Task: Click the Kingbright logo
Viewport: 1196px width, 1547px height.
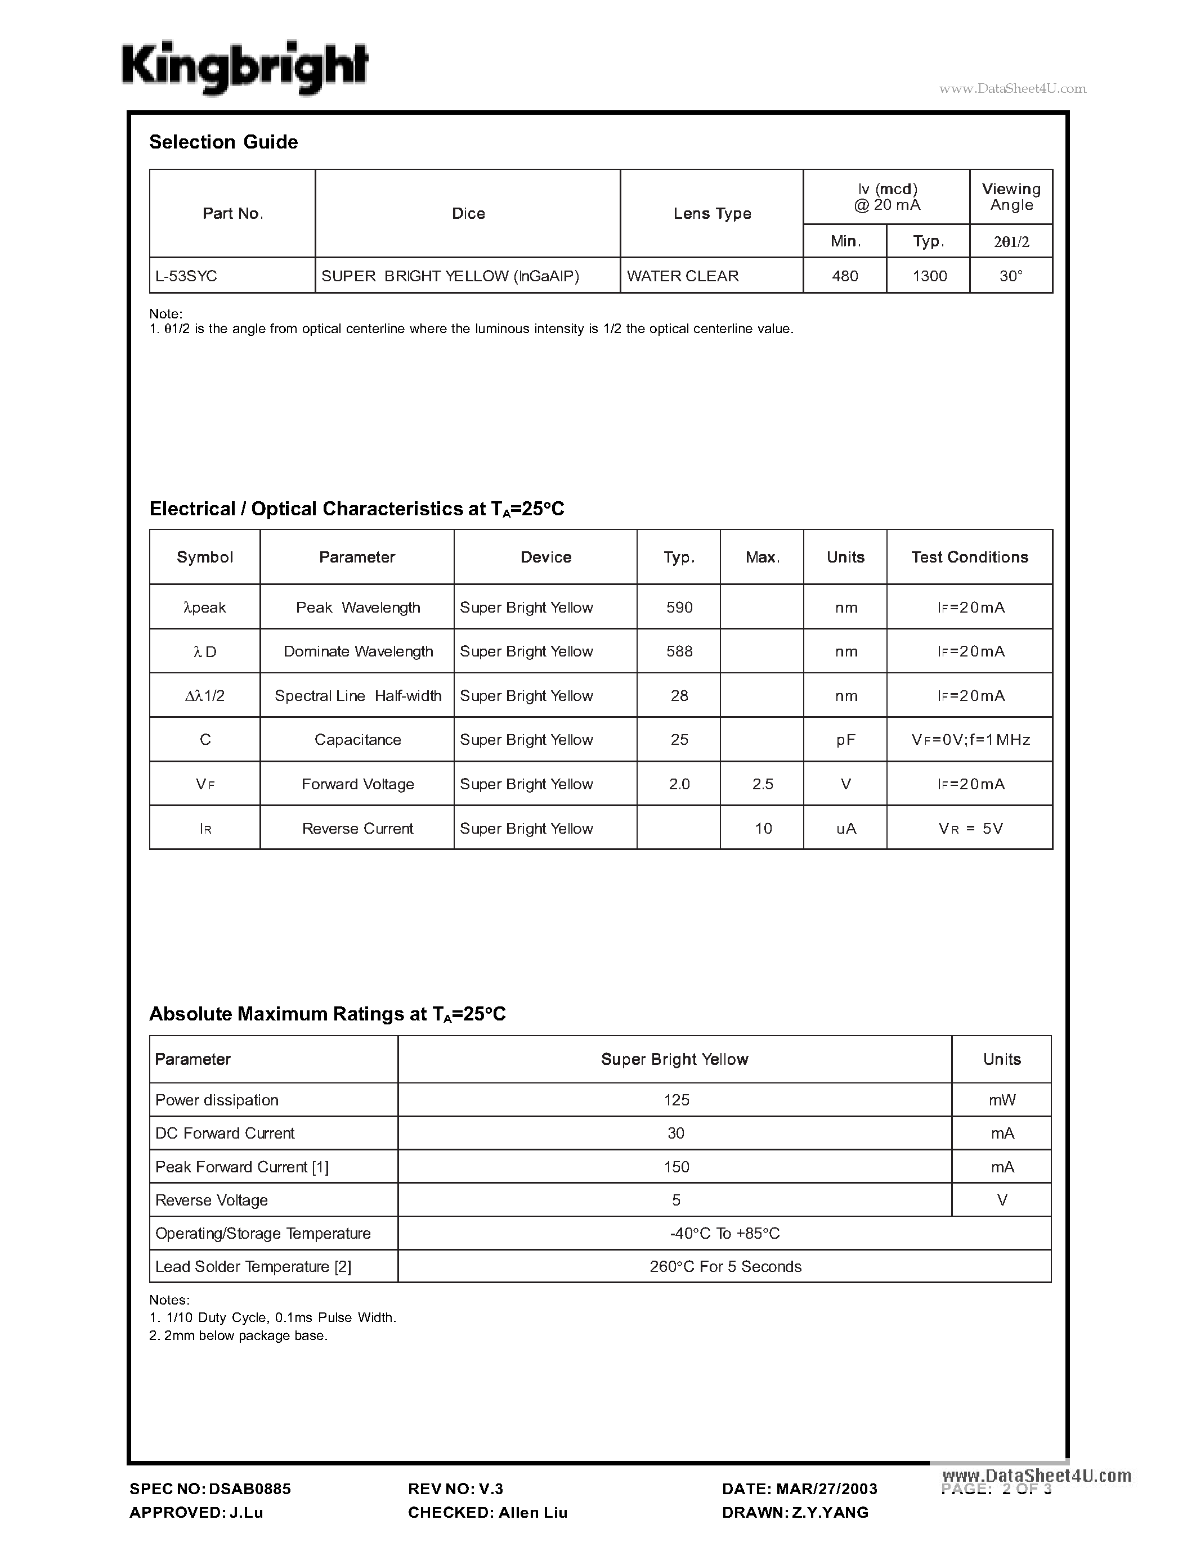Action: [x=244, y=68]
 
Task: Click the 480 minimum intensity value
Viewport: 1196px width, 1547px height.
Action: [x=845, y=276]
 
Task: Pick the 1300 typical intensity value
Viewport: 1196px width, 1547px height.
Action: [x=929, y=276]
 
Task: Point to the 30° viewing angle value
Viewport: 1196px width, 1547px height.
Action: [x=1010, y=276]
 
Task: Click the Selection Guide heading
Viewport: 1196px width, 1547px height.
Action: [x=223, y=142]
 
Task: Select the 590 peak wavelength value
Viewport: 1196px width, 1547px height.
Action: [x=679, y=608]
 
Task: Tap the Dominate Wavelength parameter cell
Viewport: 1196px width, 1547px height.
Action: [x=358, y=651]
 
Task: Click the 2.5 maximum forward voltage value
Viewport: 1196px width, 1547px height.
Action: [x=763, y=784]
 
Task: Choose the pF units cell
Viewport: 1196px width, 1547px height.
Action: [x=845, y=740]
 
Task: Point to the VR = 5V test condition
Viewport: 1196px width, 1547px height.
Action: [x=970, y=829]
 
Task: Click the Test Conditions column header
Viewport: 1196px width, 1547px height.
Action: [x=969, y=557]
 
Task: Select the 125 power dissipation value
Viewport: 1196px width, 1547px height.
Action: [x=676, y=1100]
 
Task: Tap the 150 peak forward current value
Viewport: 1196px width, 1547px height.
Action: [x=676, y=1167]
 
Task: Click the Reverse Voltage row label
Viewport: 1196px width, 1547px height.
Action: [x=211, y=1200]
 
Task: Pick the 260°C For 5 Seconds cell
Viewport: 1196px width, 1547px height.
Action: [x=725, y=1266]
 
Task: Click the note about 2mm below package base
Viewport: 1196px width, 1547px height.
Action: [x=238, y=1336]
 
